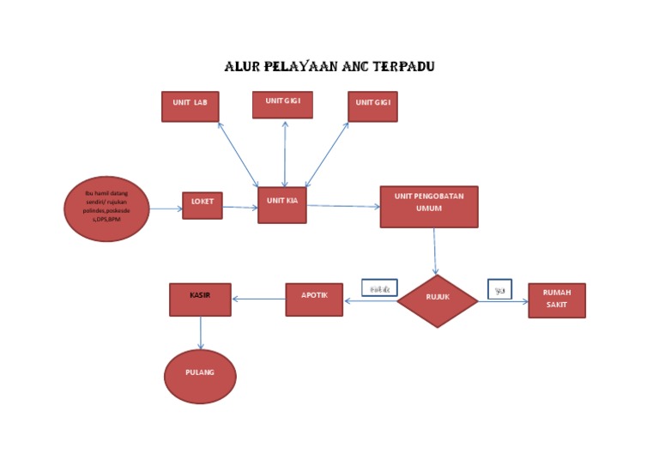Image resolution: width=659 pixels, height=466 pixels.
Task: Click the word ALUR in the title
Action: [240, 66]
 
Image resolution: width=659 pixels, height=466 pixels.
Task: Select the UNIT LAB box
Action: [190, 106]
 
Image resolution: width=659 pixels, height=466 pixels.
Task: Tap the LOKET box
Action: [203, 205]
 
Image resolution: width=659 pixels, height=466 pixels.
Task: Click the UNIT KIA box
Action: [282, 205]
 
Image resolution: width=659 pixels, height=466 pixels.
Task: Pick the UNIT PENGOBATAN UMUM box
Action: [429, 207]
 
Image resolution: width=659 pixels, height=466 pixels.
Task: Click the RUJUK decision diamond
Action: [438, 300]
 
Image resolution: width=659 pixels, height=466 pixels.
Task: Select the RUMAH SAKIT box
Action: [557, 300]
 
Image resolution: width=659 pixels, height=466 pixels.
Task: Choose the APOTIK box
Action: [314, 300]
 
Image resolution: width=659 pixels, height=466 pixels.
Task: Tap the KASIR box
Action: [200, 300]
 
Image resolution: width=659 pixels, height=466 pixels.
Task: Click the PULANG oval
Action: [200, 376]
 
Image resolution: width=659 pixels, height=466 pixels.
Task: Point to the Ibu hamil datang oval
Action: [106, 209]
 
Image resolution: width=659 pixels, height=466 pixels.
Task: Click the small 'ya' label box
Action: [499, 289]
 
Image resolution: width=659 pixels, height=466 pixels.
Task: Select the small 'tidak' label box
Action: [379, 289]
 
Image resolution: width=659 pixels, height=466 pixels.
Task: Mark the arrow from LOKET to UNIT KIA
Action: [240, 207]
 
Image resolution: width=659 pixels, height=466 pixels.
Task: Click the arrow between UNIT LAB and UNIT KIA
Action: [238, 154]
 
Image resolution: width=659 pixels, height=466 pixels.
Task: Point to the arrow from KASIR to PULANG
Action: [201, 333]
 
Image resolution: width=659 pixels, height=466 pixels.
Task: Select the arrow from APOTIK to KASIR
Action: [258, 300]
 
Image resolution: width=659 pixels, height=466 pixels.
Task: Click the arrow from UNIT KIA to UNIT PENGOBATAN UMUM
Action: [343, 206]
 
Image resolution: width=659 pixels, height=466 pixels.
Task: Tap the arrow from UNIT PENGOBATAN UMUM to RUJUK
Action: [435, 251]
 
